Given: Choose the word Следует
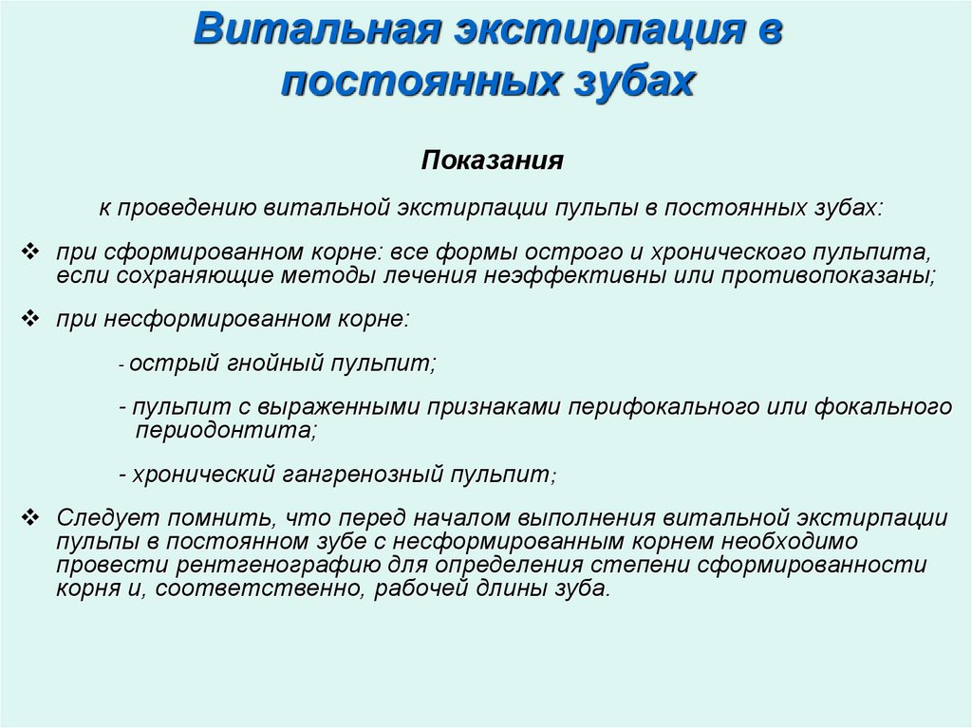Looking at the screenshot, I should pyautogui.click(x=108, y=519).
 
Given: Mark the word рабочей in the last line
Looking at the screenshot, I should pyautogui.click(x=383, y=588).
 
